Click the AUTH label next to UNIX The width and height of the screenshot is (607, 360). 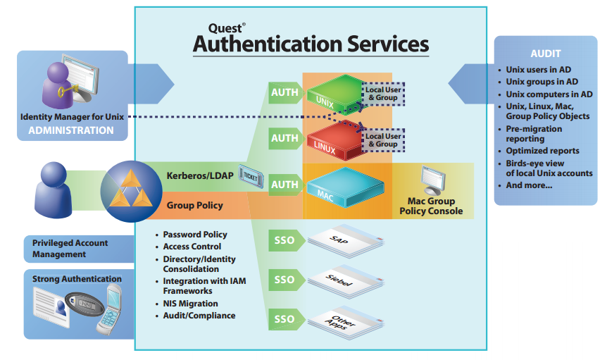coord(284,92)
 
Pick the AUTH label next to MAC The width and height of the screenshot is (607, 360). coord(284,185)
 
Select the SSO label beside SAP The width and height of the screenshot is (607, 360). coord(284,240)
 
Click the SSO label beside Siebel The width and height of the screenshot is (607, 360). coord(284,280)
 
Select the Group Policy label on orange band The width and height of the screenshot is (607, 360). coord(195,205)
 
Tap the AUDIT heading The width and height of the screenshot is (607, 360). coord(545,54)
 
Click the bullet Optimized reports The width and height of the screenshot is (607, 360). coord(542,151)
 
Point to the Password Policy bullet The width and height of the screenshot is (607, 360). coord(195,234)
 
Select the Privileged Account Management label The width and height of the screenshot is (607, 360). coord(70,249)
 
